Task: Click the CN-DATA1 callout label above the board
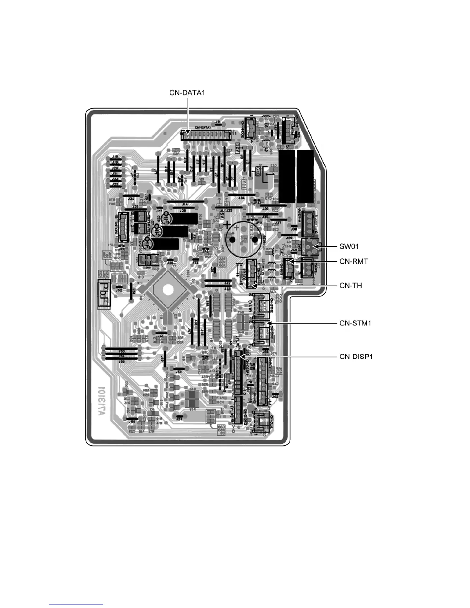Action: click(187, 93)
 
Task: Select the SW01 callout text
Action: click(349, 246)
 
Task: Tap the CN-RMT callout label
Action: click(354, 261)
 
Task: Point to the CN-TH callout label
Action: click(351, 286)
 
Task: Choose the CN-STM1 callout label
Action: click(355, 323)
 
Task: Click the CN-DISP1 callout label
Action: click(356, 357)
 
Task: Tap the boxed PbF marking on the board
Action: click(104, 295)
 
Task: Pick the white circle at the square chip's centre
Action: click(167, 289)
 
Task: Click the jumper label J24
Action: click(131, 199)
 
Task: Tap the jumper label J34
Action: click(241, 198)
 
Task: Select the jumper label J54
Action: click(178, 372)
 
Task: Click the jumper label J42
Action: click(227, 283)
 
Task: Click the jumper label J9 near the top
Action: click(218, 121)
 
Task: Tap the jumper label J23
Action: click(114, 185)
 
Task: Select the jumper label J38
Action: click(294, 229)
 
